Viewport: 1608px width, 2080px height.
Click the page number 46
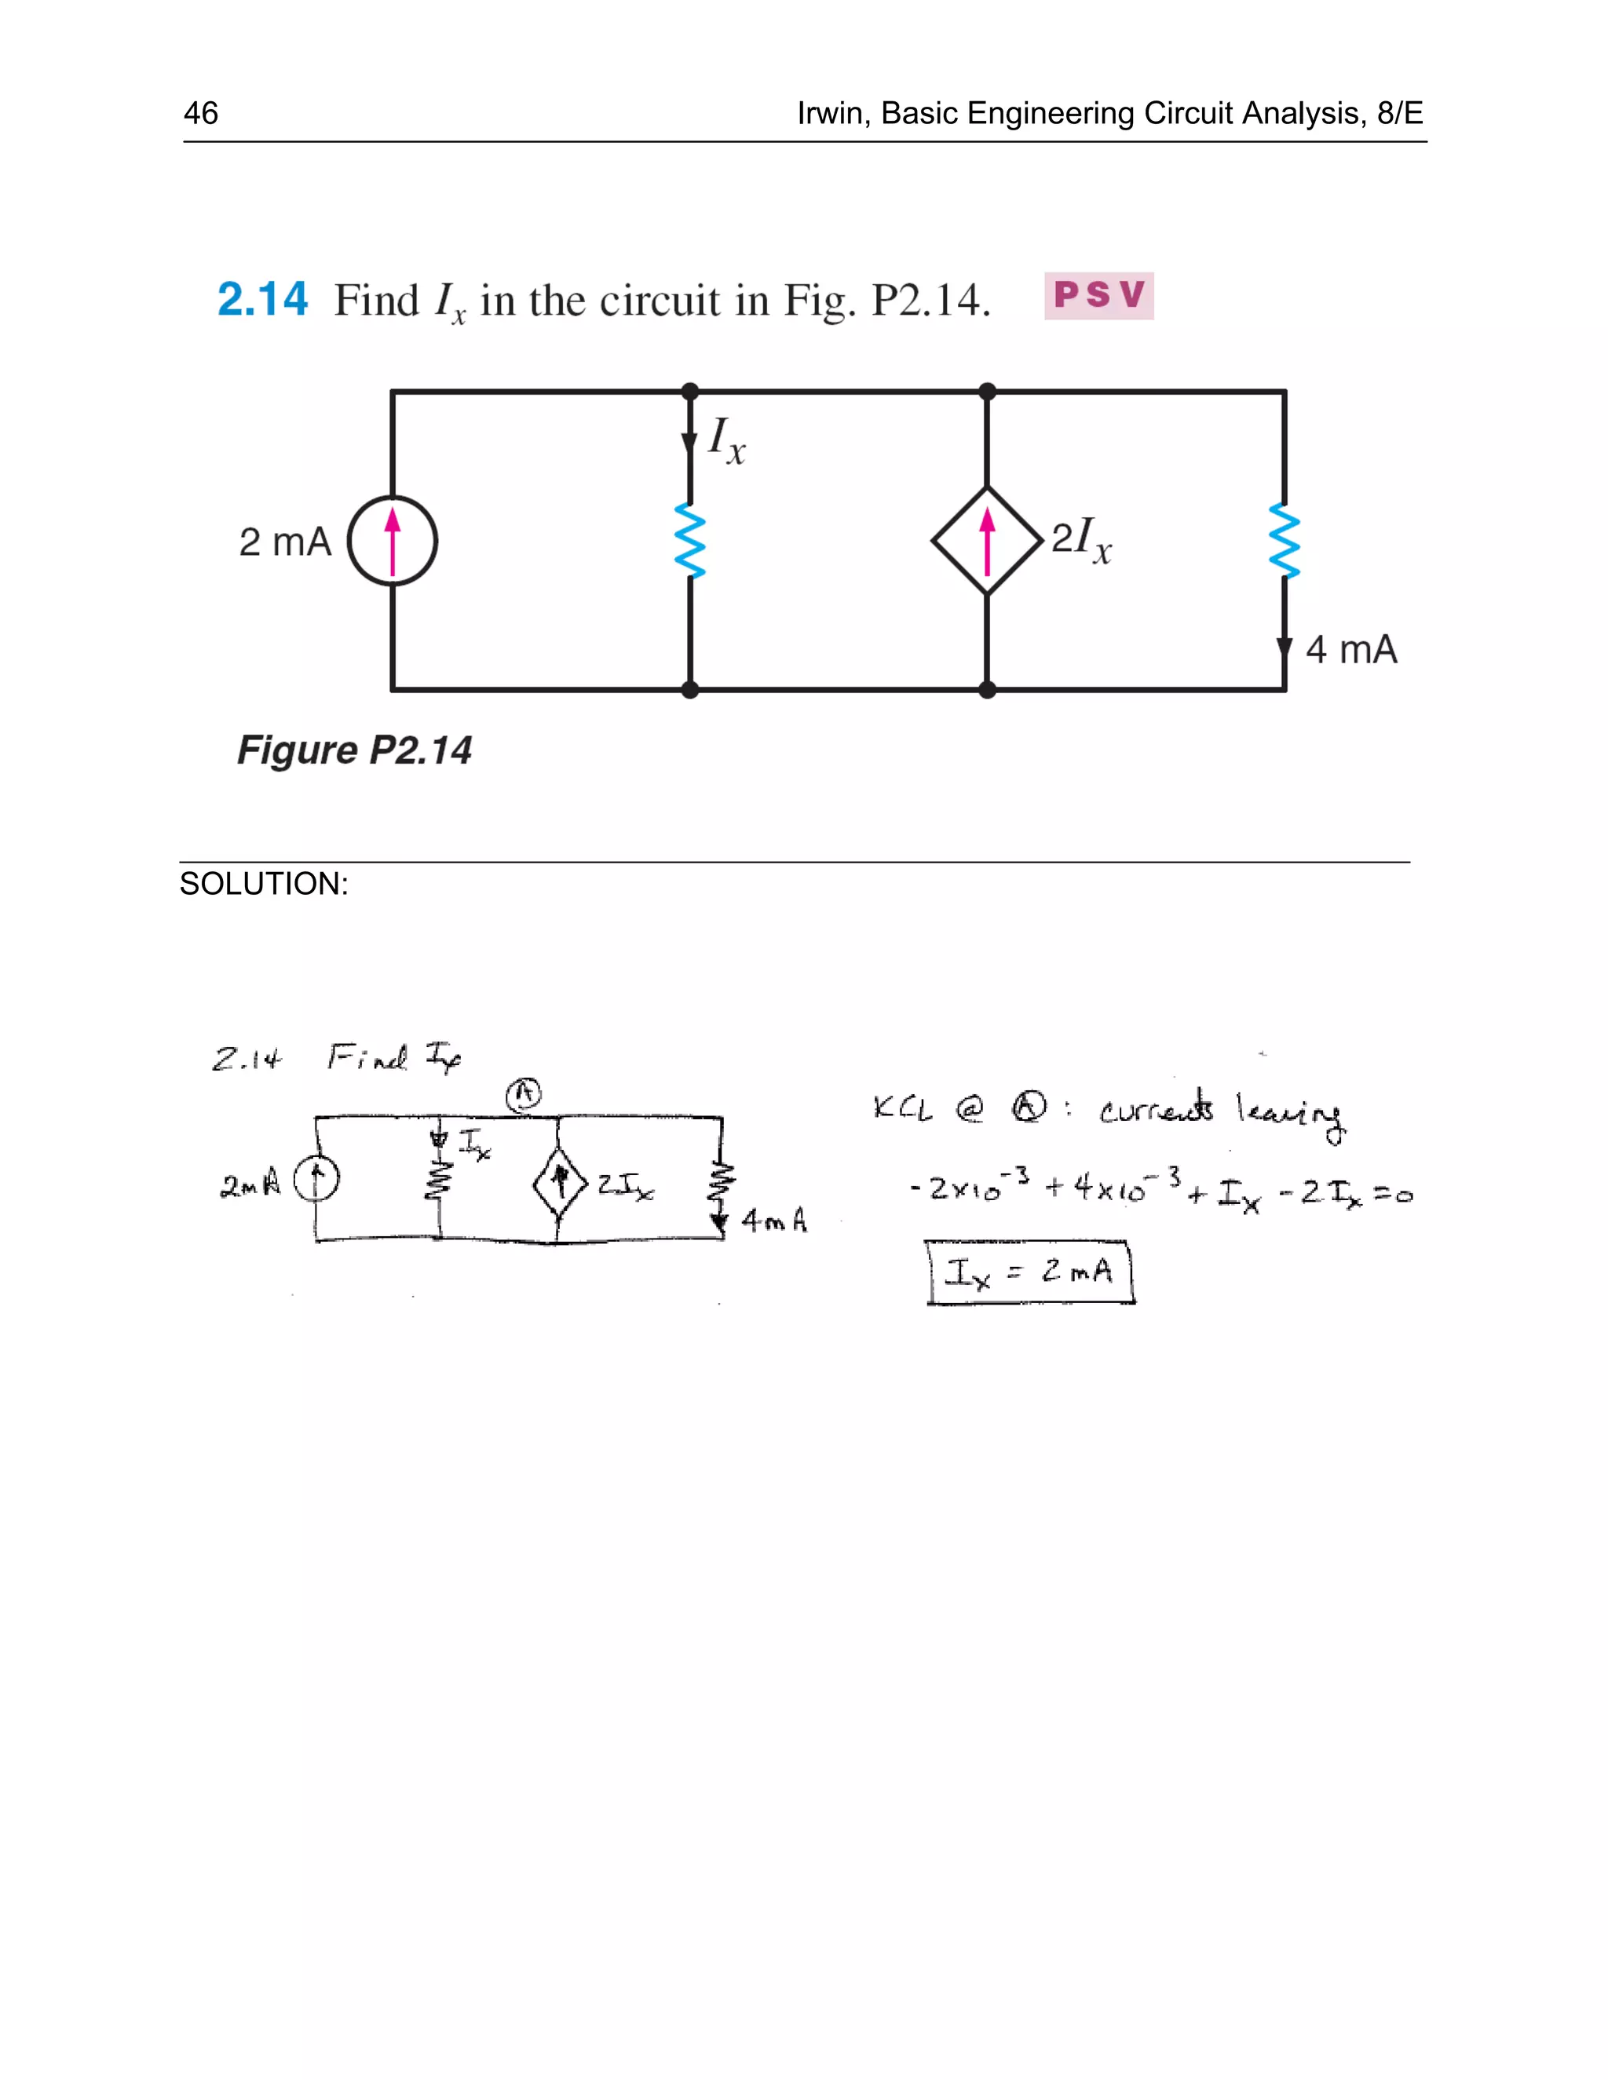pos(201,113)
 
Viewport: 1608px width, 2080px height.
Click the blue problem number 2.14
pos(263,299)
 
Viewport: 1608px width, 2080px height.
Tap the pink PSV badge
pos(1098,295)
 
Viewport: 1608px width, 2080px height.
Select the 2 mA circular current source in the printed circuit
pos(393,541)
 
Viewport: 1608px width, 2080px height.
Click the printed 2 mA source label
pos(285,542)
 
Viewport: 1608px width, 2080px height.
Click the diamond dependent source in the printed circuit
pos(987,541)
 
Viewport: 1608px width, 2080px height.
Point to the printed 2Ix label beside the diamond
pos(1081,540)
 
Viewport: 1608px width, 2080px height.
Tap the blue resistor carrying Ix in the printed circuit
pos(689,541)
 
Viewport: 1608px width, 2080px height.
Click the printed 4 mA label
pos(1350,650)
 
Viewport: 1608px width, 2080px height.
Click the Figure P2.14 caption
pos(353,750)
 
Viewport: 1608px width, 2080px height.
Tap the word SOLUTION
pos(264,884)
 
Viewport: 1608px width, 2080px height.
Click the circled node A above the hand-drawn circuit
pos(523,1094)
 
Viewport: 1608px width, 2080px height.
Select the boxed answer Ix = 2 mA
pos(1030,1272)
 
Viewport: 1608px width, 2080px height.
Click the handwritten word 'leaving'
pos(1292,1112)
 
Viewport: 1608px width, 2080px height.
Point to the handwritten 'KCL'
pos(902,1108)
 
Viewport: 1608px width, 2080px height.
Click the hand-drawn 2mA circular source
pos(316,1181)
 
